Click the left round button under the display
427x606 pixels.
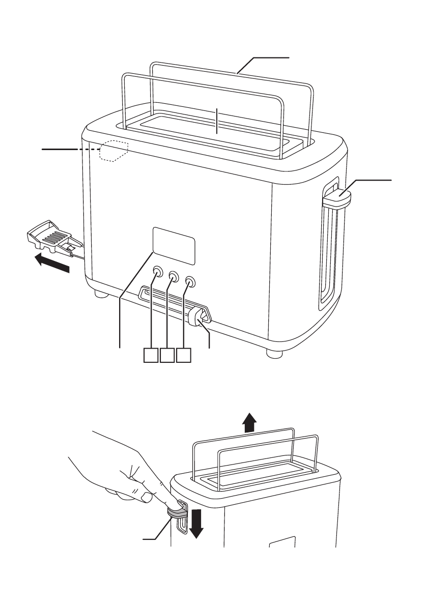click(x=157, y=271)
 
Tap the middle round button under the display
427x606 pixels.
click(x=174, y=276)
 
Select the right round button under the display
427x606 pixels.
click(x=190, y=281)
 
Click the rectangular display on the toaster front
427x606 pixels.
click(x=173, y=246)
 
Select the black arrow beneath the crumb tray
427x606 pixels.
click(x=51, y=263)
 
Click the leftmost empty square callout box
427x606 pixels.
click(x=150, y=355)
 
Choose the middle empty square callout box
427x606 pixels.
click(x=166, y=355)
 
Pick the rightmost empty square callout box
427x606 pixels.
click(x=183, y=355)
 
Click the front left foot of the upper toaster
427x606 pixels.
click(x=99, y=294)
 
